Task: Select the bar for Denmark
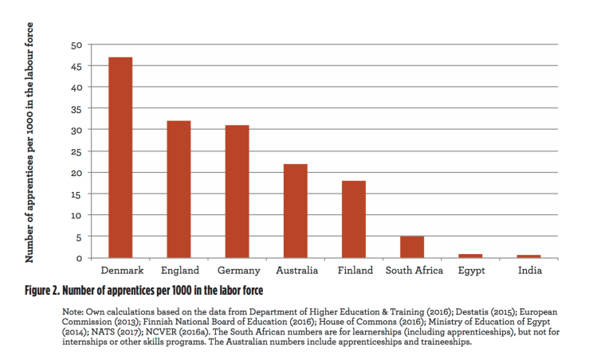point(120,157)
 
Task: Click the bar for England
point(179,189)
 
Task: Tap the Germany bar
point(237,191)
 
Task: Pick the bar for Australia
point(295,210)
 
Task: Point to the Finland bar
point(353,219)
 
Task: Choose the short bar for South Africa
point(412,247)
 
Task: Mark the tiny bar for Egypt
point(470,256)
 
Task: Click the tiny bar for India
point(528,256)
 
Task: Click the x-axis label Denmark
point(121,271)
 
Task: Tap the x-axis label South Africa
point(414,271)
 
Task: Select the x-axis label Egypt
point(471,272)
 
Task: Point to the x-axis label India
point(529,271)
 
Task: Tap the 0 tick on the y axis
point(79,258)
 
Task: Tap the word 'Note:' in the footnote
point(74,310)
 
